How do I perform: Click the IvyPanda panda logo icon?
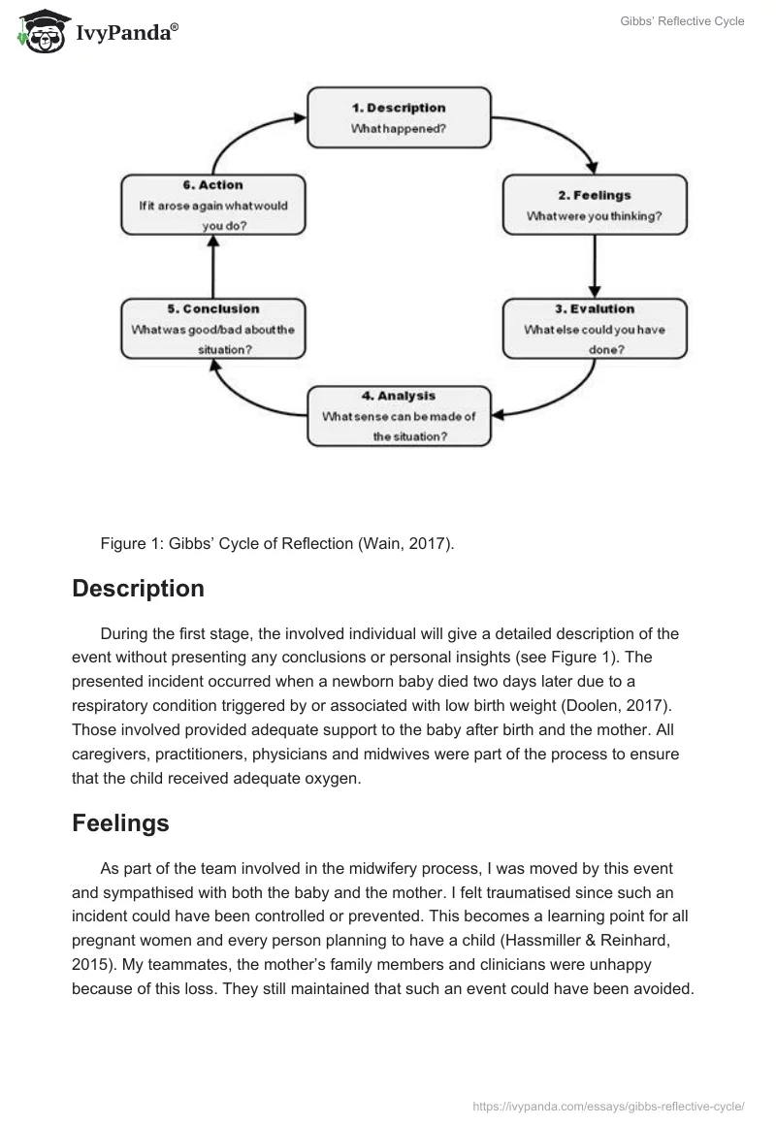38,30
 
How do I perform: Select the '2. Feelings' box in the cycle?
595,205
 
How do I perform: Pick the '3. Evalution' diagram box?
595,328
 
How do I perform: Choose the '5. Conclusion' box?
213,328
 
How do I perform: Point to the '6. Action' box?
213,205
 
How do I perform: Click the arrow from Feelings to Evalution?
595,266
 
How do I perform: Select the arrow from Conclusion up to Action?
213,266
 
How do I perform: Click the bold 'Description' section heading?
138,589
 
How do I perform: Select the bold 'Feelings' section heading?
120,823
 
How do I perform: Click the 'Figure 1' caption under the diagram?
276,543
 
